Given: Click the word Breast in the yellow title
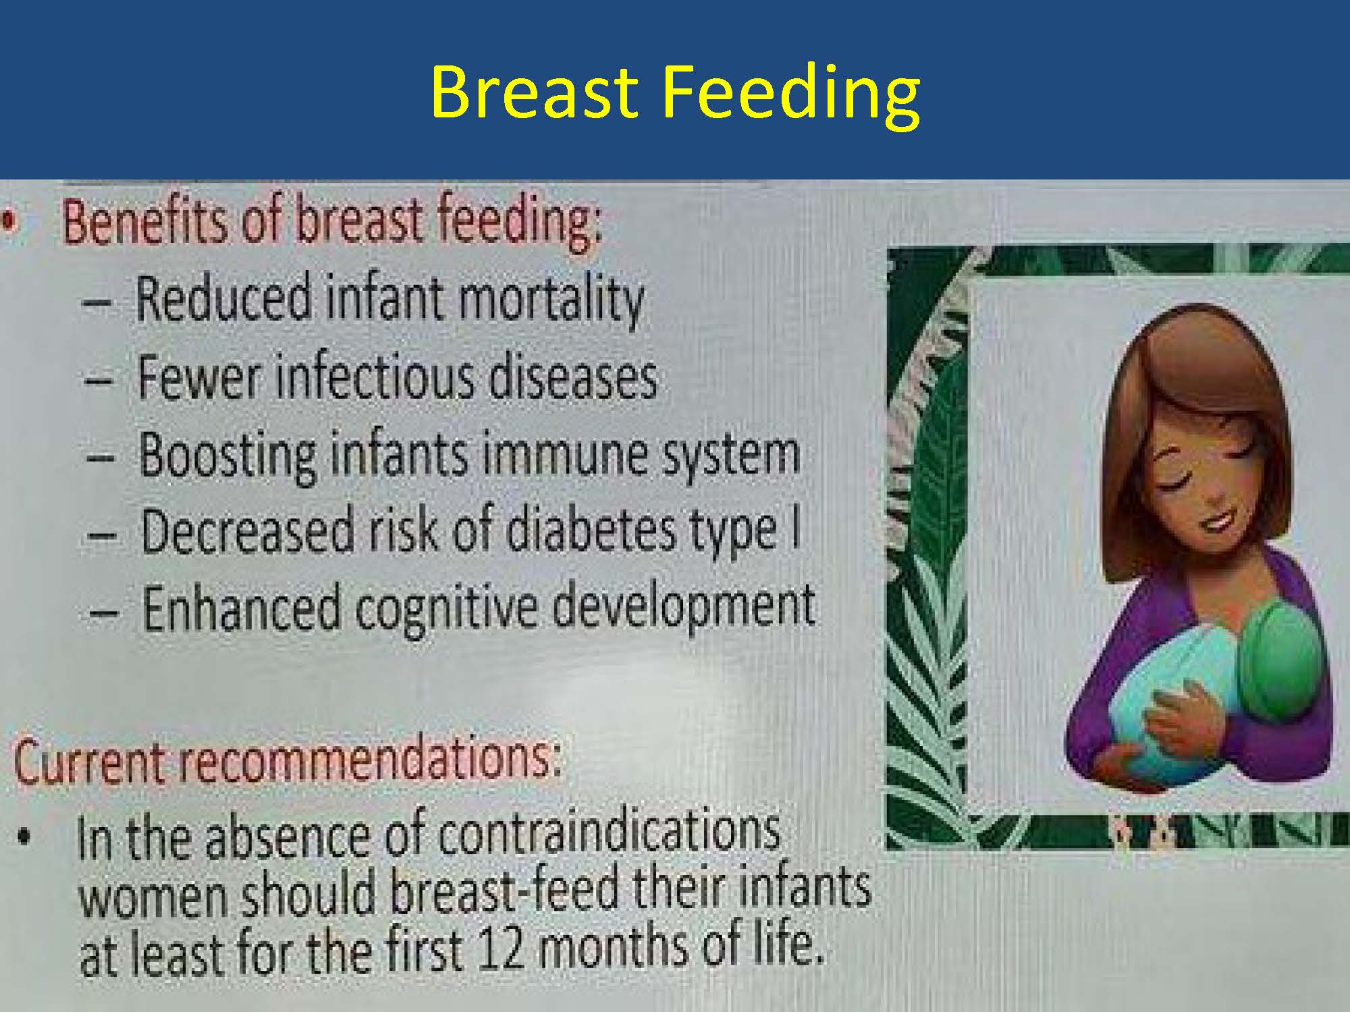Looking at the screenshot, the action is click(533, 92).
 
